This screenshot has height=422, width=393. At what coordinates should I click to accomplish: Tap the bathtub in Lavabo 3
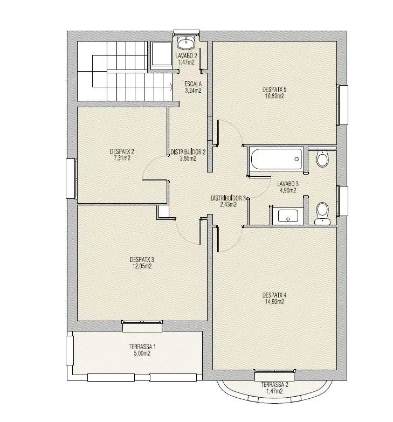[x=277, y=159]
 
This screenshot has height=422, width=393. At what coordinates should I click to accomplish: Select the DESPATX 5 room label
[x=273, y=89]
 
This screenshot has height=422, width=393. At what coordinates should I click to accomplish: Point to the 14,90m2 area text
[x=274, y=302]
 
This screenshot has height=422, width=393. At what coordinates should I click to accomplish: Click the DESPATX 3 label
[x=142, y=259]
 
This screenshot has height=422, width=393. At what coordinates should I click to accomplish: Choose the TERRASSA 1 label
[x=142, y=347]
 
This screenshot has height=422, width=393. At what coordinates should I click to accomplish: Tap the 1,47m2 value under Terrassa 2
[x=274, y=391]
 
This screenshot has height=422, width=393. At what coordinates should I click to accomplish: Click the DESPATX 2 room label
[x=122, y=151]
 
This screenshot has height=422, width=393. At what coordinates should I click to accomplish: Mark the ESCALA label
[x=193, y=84]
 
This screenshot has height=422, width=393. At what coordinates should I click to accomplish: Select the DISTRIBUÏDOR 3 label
[x=228, y=198]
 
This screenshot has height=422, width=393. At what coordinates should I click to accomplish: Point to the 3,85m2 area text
[x=188, y=158]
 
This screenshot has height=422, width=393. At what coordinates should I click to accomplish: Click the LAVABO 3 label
[x=288, y=184]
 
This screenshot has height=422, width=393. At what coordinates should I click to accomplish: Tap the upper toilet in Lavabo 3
[x=322, y=159]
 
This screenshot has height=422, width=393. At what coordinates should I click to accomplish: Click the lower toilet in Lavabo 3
[x=322, y=213]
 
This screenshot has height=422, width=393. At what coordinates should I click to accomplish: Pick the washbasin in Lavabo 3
[x=288, y=216]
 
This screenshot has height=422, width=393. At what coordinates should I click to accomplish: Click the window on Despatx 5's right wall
[x=342, y=105]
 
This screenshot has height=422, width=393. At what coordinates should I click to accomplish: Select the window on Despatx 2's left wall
[x=72, y=178]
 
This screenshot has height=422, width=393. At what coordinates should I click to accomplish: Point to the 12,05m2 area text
[x=142, y=266]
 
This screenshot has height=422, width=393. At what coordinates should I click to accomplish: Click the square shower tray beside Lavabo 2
[x=162, y=53]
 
